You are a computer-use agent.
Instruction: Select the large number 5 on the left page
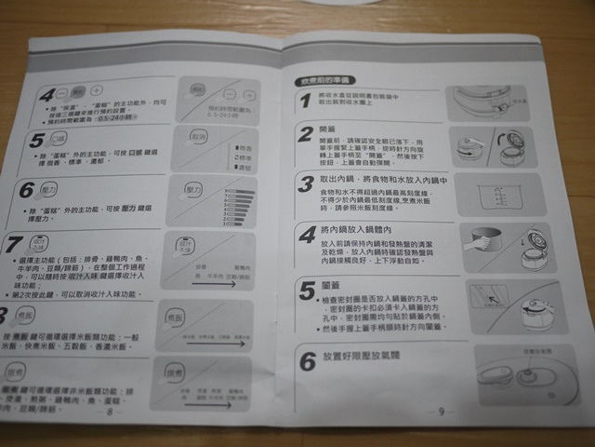coord(36,142)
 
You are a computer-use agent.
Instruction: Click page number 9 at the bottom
coord(442,411)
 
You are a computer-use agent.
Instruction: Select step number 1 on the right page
coord(305,101)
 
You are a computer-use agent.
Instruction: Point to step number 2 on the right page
coord(306,137)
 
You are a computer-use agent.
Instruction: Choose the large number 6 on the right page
coord(308,361)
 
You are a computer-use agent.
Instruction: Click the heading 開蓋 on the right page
coord(326,130)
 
